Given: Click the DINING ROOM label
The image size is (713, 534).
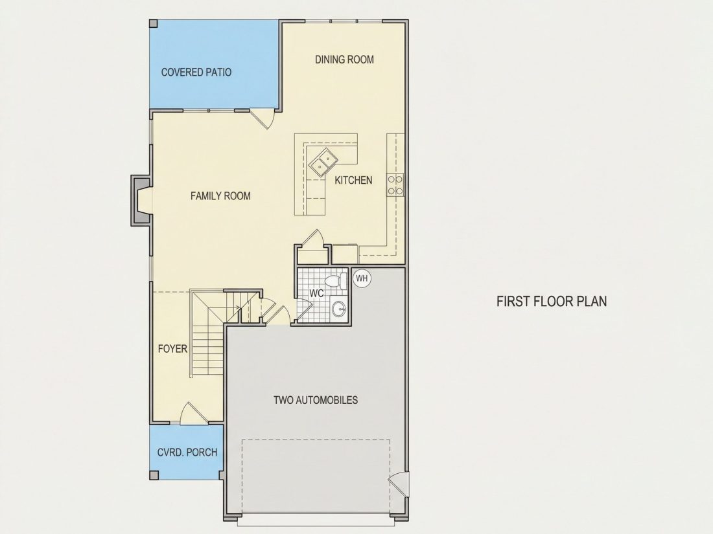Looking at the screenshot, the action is [x=344, y=60].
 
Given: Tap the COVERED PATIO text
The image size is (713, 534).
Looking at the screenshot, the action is [x=196, y=72].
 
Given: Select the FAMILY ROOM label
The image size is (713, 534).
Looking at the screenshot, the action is [x=220, y=195].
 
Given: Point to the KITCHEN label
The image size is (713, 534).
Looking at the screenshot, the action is [x=353, y=181].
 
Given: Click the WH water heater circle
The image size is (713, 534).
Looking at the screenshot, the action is [x=362, y=278].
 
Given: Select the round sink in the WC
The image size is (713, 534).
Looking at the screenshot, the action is [x=339, y=309].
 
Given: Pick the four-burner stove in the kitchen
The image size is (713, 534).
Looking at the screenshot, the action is [x=395, y=185].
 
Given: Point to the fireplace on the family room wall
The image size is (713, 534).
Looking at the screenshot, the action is [x=141, y=200].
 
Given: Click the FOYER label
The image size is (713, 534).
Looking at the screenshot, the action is [x=172, y=349].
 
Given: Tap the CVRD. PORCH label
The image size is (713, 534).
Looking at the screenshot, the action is [x=187, y=452].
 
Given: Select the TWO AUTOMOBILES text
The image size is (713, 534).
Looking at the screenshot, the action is [x=316, y=400].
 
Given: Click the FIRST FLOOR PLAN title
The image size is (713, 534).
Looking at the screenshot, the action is [x=552, y=302].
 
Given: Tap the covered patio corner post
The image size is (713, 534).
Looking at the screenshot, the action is [x=154, y=23].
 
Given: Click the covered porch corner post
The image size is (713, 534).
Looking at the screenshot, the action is [x=154, y=475].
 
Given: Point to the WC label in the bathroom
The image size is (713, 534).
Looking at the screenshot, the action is [x=316, y=293].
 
